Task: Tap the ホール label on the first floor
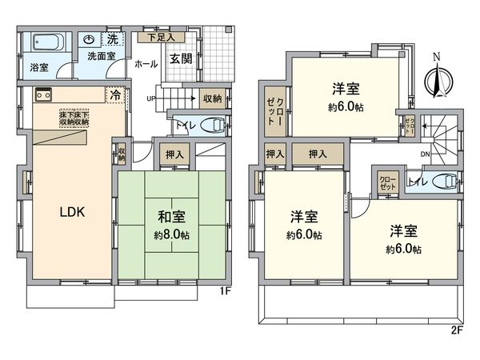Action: (x=145, y=63)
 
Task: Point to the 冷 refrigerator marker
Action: (x=117, y=94)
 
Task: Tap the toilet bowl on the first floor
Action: (x=211, y=124)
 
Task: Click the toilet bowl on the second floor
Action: (x=442, y=182)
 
